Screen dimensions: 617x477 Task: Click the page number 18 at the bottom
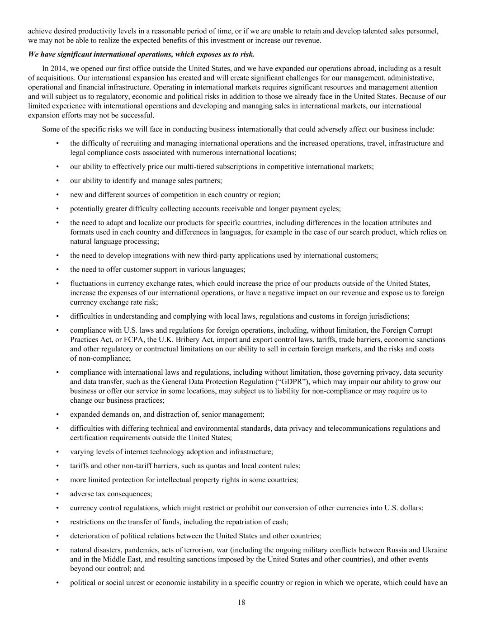(241, 602)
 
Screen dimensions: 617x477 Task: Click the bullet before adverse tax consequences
(57, 494)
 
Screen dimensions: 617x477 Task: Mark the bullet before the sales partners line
(57, 181)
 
